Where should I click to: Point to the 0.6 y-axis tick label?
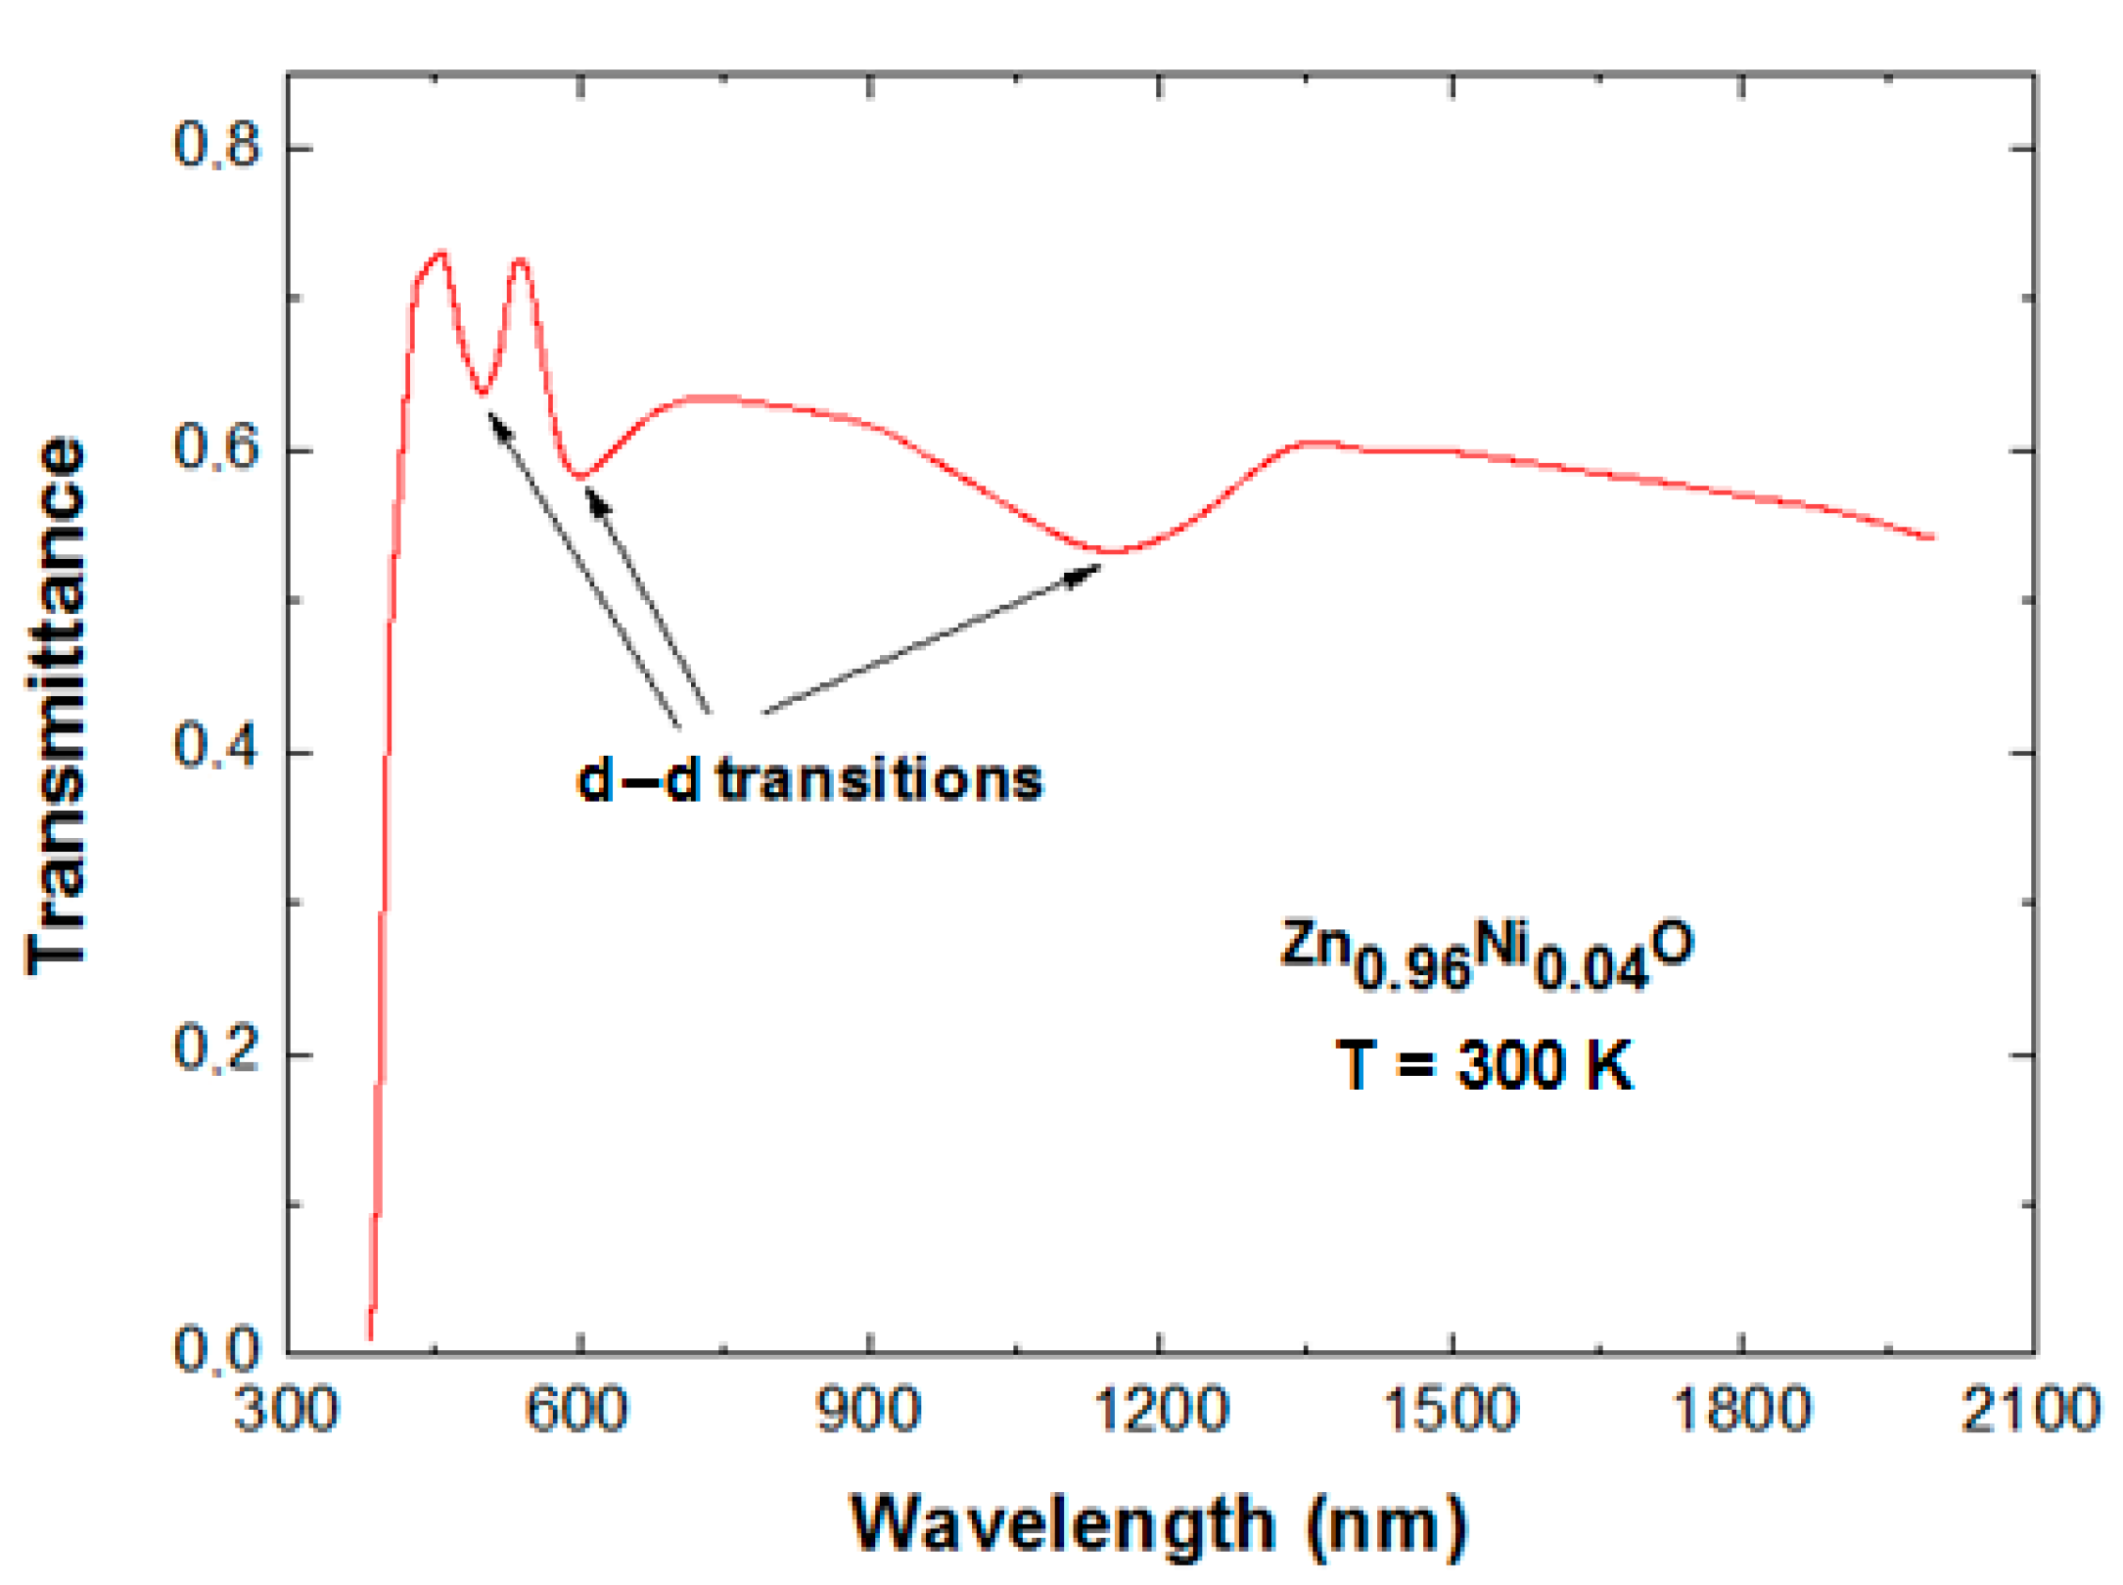point(217,447)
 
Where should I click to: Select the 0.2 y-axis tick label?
point(217,1049)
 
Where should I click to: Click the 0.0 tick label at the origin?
point(217,1349)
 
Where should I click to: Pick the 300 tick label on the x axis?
point(286,1411)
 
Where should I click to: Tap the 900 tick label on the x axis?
point(868,1411)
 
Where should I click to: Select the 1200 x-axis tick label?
point(1160,1411)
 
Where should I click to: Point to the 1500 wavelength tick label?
point(1450,1411)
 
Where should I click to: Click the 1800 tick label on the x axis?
point(1741,1411)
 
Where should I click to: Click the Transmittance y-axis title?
point(57,705)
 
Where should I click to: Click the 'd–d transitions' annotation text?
point(810,781)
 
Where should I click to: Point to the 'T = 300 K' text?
point(1485,1065)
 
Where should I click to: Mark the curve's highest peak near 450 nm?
point(442,254)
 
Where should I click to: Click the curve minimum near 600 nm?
point(581,477)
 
